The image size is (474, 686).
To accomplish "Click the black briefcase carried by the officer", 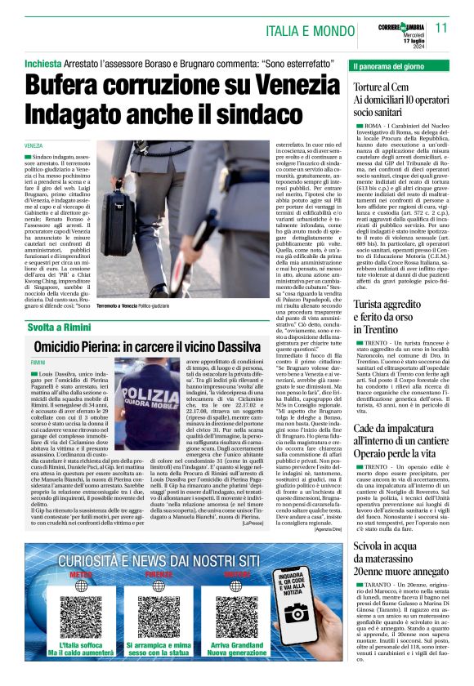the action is coord(120,225).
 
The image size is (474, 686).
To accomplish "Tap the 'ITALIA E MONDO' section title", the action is coord(314,30).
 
